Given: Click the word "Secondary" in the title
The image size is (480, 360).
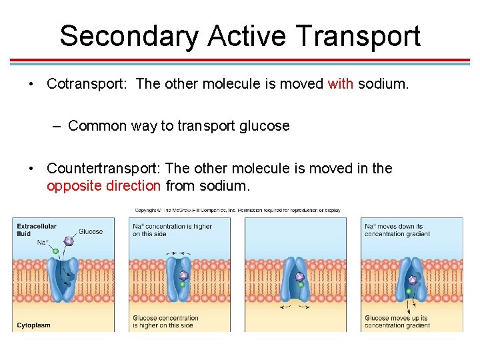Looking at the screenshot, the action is click(x=127, y=36).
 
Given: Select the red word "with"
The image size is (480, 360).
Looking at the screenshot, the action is click(x=340, y=84).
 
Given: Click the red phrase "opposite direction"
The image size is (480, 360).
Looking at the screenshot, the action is click(x=103, y=185).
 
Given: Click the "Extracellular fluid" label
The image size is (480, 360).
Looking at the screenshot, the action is click(x=37, y=230).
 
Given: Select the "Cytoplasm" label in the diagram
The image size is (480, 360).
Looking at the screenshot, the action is click(x=34, y=325).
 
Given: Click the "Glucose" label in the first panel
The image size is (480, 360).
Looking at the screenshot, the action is click(x=91, y=231).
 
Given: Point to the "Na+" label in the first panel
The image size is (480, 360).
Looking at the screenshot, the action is click(x=43, y=242).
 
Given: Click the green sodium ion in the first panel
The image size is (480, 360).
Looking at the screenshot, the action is click(x=56, y=251).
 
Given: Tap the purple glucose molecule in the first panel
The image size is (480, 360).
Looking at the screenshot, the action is click(x=68, y=241).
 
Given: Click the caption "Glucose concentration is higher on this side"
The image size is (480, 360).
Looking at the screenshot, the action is click(x=165, y=322).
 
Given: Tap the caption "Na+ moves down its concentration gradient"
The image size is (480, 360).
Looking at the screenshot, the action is click(x=397, y=230).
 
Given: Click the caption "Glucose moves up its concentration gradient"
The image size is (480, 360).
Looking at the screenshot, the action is click(x=397, y=322).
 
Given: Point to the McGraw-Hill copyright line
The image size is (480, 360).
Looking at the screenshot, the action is click(x=237, y=211).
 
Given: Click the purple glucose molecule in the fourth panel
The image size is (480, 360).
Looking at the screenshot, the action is click(x=413, y=280).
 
